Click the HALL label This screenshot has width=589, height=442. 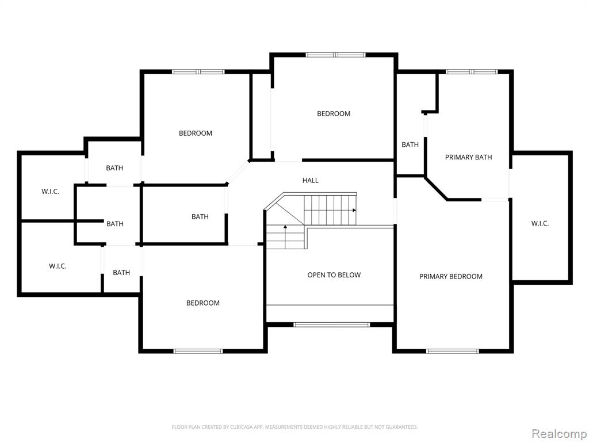pyautogui.click(x=310, y=180)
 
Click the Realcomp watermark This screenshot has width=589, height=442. pyautogui.click(x=559, y=433)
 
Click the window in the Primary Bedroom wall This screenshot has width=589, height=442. pyautogui.click(x=452, y=352)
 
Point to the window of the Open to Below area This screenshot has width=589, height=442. pyautogui.click(x=332, y=325)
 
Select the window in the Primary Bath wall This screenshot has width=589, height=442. pyautogui.click(x=472, y=71)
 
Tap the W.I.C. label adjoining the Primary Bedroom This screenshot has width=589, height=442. pyautogui.click(x=540, y=224)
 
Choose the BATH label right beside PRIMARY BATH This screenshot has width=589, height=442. pyautogui.click(x=410, y=144)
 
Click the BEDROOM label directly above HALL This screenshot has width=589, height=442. pyautogui.click(x=334, y=114)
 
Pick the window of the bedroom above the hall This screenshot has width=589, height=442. pyautogui.click(x=335, y=55)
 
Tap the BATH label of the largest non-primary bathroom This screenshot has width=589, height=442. pyautogui.click(x=200, y=217)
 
